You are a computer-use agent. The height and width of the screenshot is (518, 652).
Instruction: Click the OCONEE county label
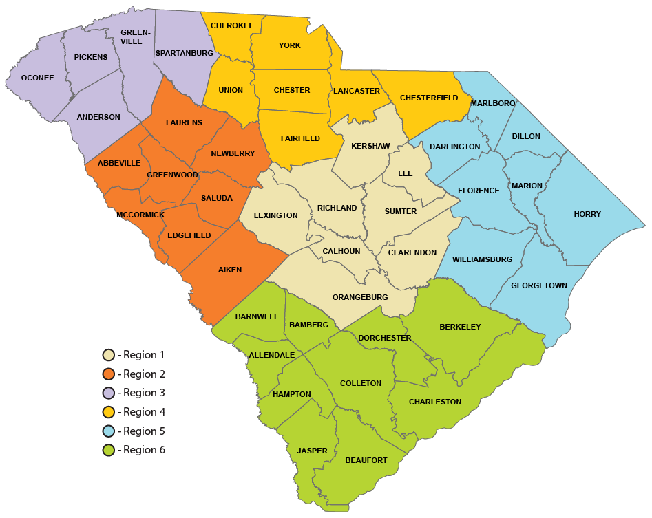[x=37, y=78]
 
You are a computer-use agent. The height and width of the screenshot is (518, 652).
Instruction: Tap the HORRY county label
[x=587, y=214]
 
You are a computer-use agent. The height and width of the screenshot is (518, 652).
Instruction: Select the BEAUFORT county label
[x=366, y=460]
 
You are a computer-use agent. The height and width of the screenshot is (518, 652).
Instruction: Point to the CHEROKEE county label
[x=232, y=25]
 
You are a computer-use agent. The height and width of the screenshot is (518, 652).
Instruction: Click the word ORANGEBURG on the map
[x=360, y=297]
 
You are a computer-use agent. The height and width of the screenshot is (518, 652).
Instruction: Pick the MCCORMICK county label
[x=140, y=215]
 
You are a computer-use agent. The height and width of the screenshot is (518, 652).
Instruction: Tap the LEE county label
[x=406, y=173]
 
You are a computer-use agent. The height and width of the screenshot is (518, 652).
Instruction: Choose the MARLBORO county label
[x=493, y=103]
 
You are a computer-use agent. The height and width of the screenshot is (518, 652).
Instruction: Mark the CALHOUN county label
[x=341, y=251]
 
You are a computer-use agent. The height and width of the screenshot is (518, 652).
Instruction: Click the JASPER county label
[x=313, y=451]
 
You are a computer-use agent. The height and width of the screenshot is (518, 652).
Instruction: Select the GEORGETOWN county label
[x=539, y=285]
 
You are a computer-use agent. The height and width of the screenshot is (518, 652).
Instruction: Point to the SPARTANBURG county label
[x=185, y=53]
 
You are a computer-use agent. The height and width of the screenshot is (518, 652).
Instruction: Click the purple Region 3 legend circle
[x=108, y=393]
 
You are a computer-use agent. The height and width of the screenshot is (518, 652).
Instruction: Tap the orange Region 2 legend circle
[x=108, y=374]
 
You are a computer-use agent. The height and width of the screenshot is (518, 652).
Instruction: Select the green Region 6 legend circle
[x=108, y=451]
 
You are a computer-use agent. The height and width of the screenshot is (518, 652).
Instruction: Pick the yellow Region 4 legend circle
[x=108, y=412]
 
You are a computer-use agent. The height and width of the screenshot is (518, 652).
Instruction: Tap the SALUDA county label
[x=217, y=198]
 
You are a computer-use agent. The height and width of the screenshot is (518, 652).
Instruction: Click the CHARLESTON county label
[x=435, y=402]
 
